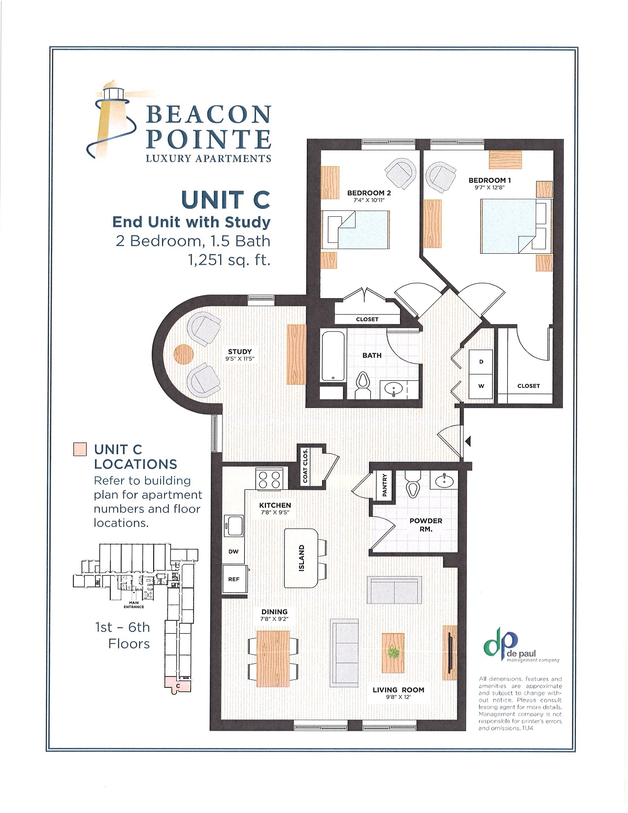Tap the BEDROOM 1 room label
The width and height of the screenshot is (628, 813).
coord(490,180)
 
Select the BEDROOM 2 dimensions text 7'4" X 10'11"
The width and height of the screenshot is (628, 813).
coord(368,200)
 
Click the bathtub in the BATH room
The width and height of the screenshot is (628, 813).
coord(333,356)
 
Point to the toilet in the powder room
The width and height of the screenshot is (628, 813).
coord(412,485)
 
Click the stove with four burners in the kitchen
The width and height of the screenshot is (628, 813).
coord(270,479)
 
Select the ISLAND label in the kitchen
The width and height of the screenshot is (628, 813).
coord(301,558)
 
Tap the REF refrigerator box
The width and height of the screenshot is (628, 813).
coord(234,579)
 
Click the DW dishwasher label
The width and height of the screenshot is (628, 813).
coord(233,551)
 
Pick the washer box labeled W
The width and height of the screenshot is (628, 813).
coord(481,386)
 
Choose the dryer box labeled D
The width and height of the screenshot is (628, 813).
coord(481,362)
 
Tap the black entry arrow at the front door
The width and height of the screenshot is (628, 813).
coord(468,441)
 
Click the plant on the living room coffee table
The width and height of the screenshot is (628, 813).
coord(393,653)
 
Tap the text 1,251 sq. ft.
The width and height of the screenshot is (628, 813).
coord(229,260)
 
